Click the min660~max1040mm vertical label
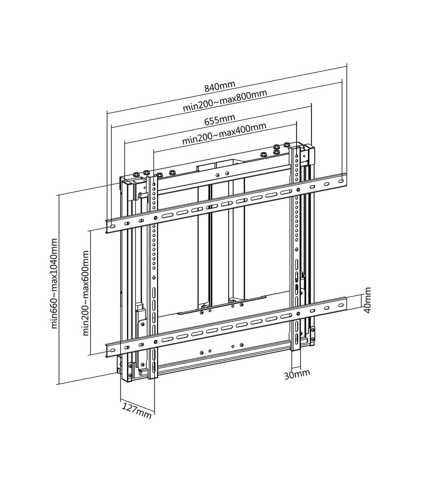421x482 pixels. coord(54,284)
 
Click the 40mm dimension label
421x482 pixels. coord(367,300)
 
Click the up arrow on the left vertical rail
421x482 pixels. coord(154,278)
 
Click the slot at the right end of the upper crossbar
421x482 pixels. coord(341,181)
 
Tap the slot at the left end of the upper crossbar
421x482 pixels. coord(112,227)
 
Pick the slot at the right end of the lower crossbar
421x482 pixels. coord(341,306)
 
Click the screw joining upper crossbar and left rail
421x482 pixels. coord(155,218)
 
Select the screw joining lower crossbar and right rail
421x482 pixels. coord(298,314)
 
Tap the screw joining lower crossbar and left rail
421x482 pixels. coord(155,342)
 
